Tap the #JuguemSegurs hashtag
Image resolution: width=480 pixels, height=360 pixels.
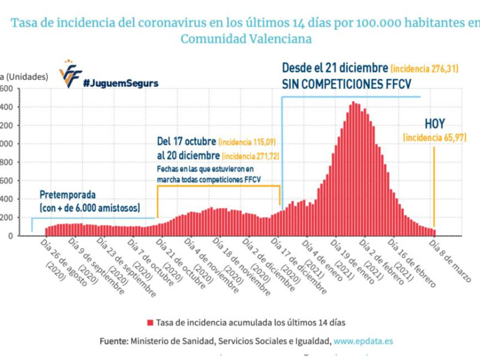(x=121, y=83)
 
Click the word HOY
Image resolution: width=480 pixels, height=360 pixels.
(x=435, y=124)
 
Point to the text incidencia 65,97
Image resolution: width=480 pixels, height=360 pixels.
(x=435, y=138)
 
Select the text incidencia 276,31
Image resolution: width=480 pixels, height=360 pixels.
(x=424, y=69)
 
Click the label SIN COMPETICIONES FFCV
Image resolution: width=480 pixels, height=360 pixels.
(x=346, y=83)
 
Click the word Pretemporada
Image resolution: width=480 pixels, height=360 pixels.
(x=67, y=195)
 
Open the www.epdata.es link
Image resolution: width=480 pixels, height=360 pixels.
(x=364, y=340)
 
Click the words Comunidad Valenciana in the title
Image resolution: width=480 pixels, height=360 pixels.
(x=246, y=38)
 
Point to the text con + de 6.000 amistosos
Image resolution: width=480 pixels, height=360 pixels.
(x=90, y=208)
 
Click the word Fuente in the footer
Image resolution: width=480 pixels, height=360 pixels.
(x=113, y=340)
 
